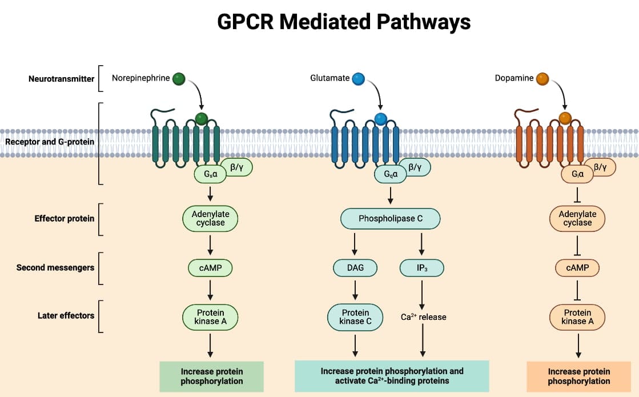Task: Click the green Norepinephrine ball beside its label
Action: [x=179, y=78]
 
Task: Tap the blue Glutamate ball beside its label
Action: [x=359, y=78]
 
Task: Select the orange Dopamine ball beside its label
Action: [x=542, y=78]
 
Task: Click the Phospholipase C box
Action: [x=390, y=219]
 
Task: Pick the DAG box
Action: [x=355, y=267]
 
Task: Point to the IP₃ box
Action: [x=422, y=267]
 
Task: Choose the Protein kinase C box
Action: [x=355, y=317]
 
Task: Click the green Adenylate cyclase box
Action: [x=210, y=219]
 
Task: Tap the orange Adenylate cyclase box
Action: [x=577, y=219]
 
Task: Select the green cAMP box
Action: [x=210, y=267]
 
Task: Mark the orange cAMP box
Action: [x=577, y=267]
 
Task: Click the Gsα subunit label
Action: [x=210, y=174]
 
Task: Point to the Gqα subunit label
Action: [x=391, y=174]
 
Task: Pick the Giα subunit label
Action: [x=577, y=174]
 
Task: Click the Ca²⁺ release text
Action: [x=423, y=317]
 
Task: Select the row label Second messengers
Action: [x=55, y=267]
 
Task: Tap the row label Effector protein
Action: [x=65, y=218]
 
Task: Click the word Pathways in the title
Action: [x=423, y=22]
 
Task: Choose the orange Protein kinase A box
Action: [x=577, y=317]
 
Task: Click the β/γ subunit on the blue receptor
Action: [x=415, y=167]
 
